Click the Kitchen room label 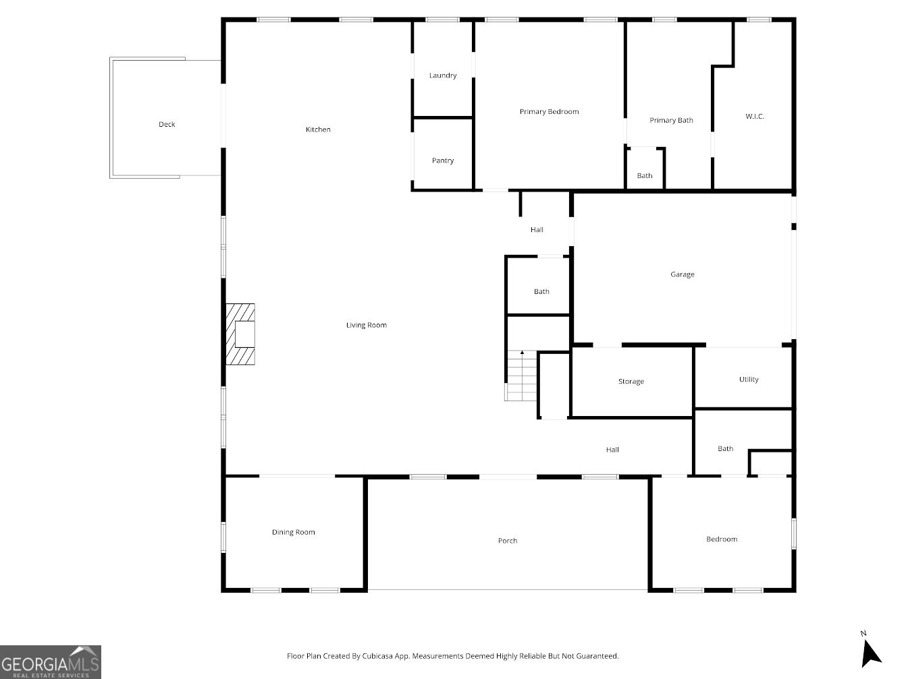pyautogui.click(x=318, y=129)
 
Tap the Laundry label pyautogui.click(x=443, y=76)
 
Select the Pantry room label pyautogui.click(x=443, y=160)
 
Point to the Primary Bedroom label pyautogui.click(x=549, y=112)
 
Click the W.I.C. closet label pyautogui.click(x=755, y=116)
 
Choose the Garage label pyautogui.click(x=683, y=274)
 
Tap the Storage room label pyautogui.click(x=631, y=382)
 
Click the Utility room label pyautogui.click(x=749, y=380)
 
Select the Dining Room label pyautogui.click(x=294, y=532)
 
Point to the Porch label pyautogui.click(x=507, y=541)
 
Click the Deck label pyautogui.click(x=167, y=125)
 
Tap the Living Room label pyautogui.click(x=367, y=325)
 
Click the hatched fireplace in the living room pyautogui.click(x=240, y=334)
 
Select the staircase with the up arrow pyautogui.click(x=521, y=376)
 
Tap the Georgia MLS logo pyautogui.click(x=51, y=662)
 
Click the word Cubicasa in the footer pyautogui.click(x=377, y=656)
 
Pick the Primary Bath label pyautogui.click(x=671, y=121)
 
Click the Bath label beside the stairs pyautogui.click(x=541, y=292)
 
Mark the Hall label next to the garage pyautogui.click(x=537, y=230)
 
